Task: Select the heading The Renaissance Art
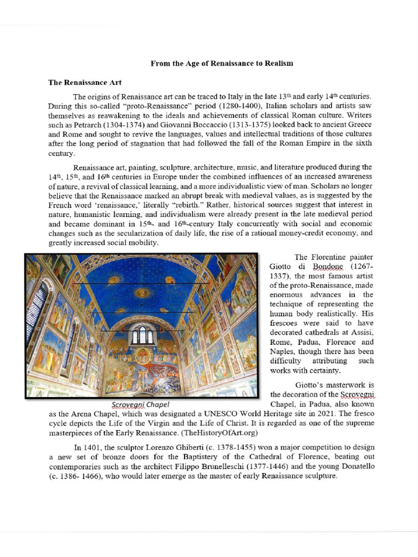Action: pos(85,83)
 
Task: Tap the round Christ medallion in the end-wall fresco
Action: pos(143,357)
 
